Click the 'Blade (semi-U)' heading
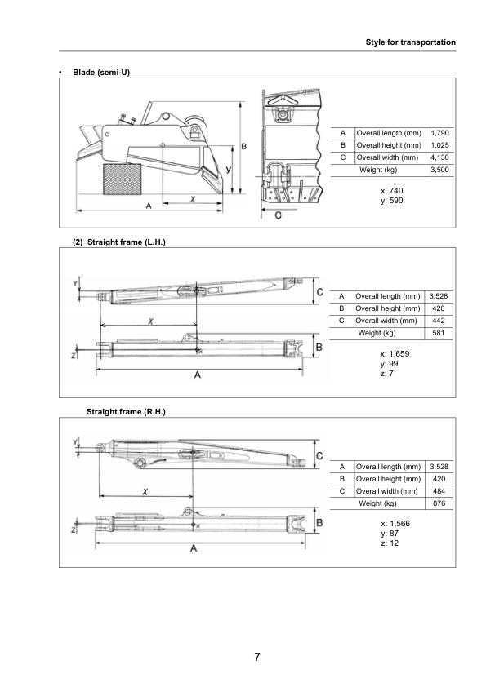tap(101, 73)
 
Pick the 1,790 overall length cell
tap(439, 133)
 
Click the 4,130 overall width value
tap(439, 157)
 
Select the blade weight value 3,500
tap(439, 170)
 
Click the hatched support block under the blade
tap(120, 177)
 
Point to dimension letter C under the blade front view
tap(279, 215)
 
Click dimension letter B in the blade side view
tap(244, 146)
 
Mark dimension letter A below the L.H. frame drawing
tap(198, 375)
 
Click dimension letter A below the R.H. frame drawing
tap(194, 548)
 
